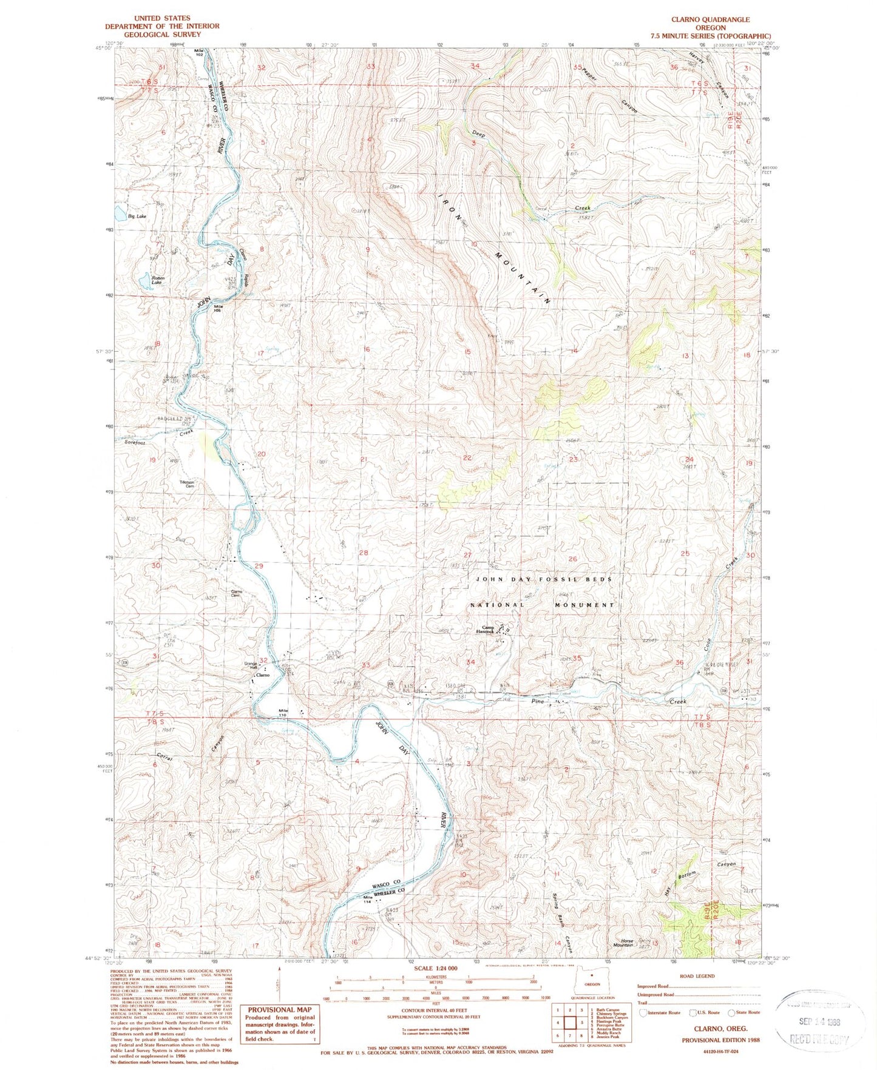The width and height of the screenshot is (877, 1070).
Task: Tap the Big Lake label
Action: tap(137, 216)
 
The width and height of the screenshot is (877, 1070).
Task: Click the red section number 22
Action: tap(467, 458)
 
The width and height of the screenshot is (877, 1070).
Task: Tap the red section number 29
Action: tap(259, 565)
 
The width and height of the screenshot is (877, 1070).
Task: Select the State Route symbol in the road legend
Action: tap(742, 1012)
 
